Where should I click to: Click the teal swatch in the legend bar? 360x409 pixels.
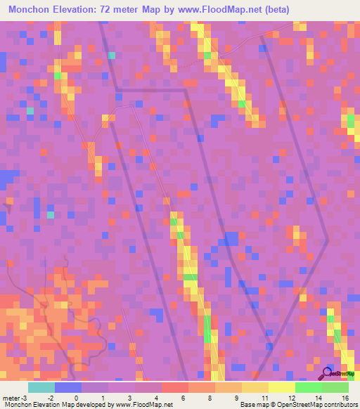(41, 387)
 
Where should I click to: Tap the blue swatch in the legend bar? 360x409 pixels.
(68, 387)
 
